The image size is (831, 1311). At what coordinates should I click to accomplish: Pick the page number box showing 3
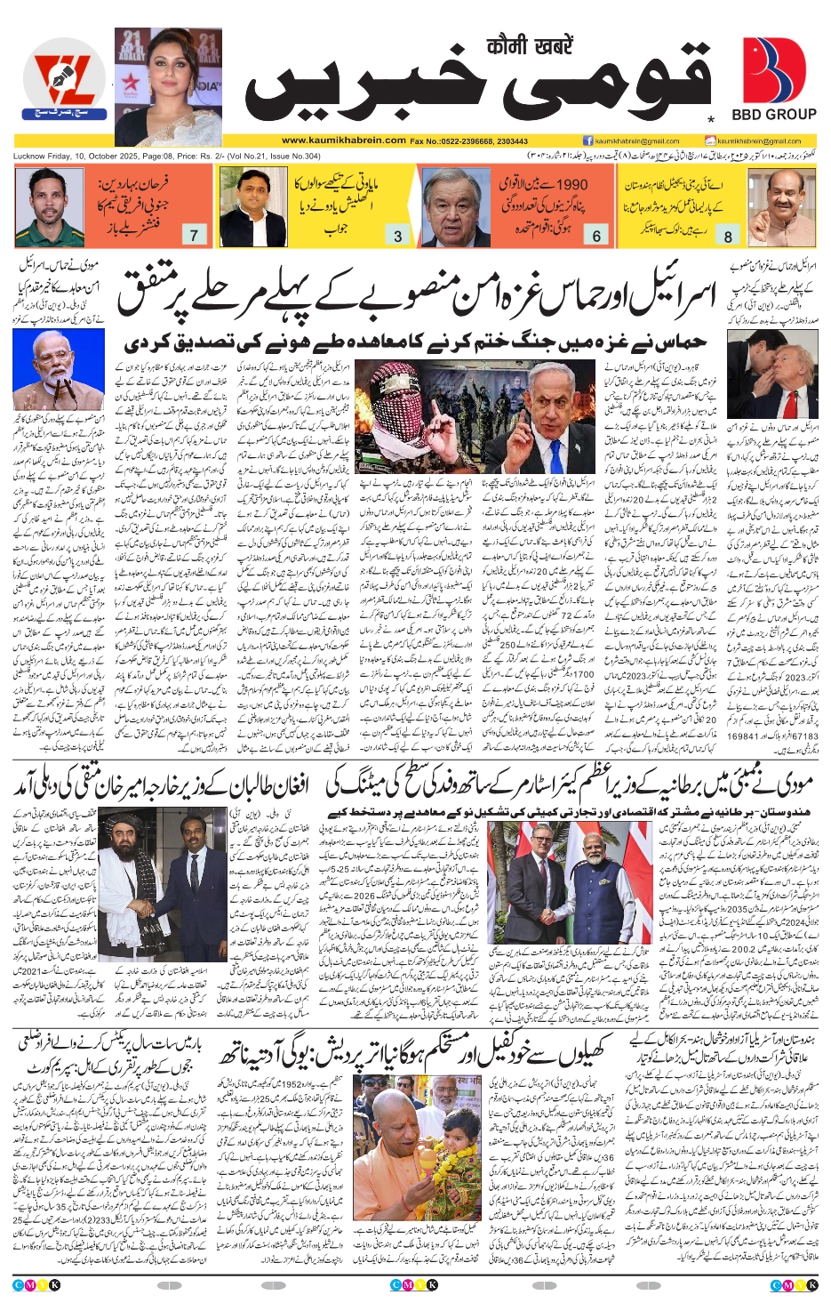pos(397,236)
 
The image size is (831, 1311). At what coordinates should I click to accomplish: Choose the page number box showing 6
pos(596,236)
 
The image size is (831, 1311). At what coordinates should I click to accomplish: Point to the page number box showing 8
pos(728,236)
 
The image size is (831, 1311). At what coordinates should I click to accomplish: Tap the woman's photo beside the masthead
pos(168,86)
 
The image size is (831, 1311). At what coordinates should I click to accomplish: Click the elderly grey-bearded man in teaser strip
pos(456,208)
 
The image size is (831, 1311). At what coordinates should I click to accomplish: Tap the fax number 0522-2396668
pos(467,141)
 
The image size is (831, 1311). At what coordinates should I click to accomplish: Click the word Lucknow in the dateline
pos(29,157)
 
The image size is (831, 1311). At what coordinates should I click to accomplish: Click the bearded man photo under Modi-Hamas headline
pos(56,367)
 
